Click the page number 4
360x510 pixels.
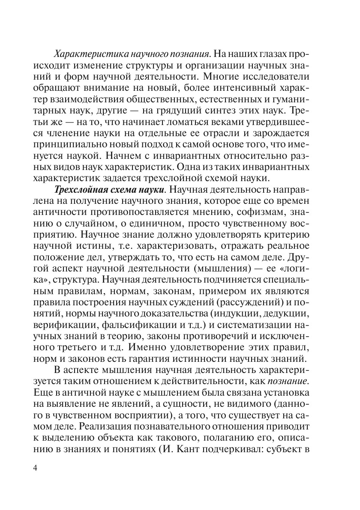(36, 467)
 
